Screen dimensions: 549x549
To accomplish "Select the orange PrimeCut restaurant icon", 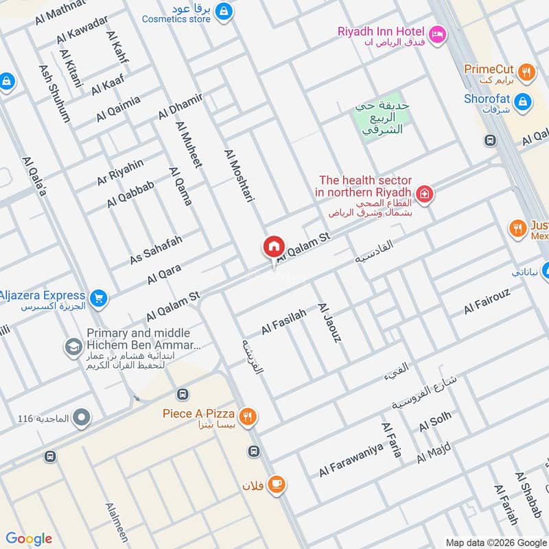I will pos(526,70).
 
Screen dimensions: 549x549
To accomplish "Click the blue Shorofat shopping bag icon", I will pos(523,101).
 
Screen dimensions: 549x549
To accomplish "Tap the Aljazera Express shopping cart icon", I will pos(99,298).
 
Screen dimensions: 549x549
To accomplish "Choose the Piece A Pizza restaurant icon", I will pos(248,414).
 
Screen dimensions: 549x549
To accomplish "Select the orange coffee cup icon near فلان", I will pos(277,484).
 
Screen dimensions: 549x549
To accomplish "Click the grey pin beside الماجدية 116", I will pos(82,417).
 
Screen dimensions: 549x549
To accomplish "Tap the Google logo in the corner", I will pos(29,539).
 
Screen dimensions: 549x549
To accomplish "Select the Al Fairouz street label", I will pos(488,302).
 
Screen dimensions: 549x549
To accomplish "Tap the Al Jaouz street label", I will pos(329,323).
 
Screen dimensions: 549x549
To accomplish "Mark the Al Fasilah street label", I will pos(284,320).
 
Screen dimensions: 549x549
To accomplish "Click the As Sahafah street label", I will pos(156,250).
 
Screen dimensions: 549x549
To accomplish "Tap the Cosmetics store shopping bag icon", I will pos(223,11).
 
